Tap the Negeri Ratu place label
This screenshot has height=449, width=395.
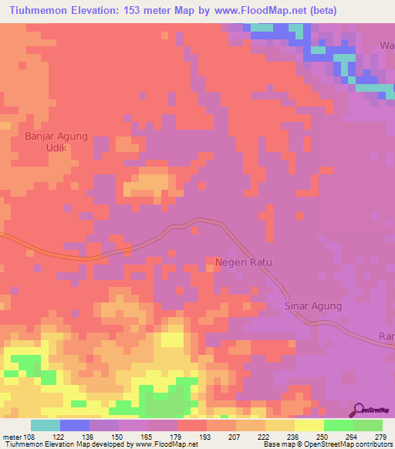coord(243,262)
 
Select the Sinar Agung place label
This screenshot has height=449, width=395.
coord(313,306)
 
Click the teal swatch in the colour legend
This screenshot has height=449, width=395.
coord(45,425)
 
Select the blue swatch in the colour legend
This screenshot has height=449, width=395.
coord(74,425)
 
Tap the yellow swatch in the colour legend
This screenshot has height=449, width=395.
coord(309,425)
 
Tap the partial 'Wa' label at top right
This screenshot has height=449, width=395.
coord(386,46)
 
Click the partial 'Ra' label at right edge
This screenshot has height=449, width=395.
coord(387,336)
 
